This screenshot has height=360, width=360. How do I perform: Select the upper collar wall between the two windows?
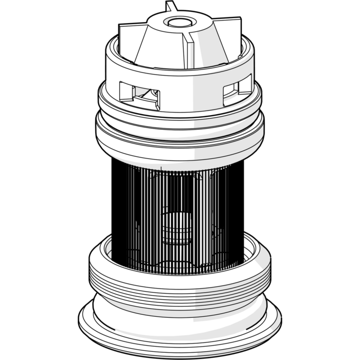[x=190, y=87]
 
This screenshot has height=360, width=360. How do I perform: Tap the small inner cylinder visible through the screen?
[x=177, y=226]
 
